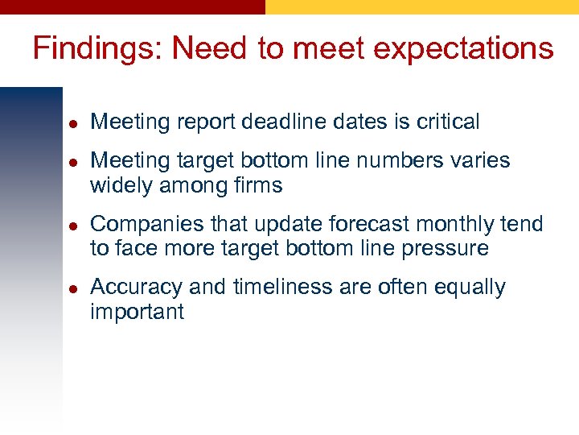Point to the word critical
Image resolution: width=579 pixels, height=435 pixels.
pos(447,122)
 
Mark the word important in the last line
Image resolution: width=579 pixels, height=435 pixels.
pos(137,312)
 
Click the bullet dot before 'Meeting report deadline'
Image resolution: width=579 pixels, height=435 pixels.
pos(72,123)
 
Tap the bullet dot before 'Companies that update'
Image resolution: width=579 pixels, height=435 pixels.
pos(72,226)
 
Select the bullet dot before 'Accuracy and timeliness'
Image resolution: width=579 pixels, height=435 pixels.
pos(72,288)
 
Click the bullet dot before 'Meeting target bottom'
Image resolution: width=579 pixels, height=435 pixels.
pos(72,162)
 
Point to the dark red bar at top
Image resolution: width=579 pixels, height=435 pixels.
pos(133,6)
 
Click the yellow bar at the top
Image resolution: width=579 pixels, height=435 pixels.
pos(422,6)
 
